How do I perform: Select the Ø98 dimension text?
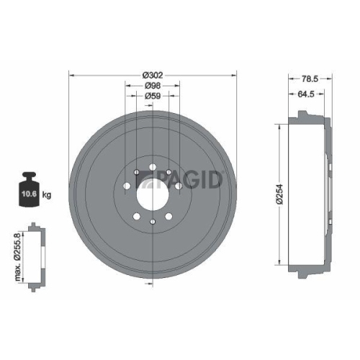[152, 84]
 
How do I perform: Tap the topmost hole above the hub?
[152, 166]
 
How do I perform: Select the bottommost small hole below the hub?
[152, 220]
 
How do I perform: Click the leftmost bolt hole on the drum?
[126, 187]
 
